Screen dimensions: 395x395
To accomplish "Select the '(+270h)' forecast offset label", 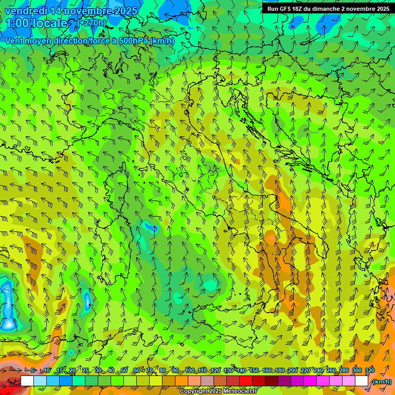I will click(92, 23).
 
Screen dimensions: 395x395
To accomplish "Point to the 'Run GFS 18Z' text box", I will click(328, 9).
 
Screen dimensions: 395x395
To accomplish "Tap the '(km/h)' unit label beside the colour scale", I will click(382, 382).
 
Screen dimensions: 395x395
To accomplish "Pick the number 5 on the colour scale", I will click(33, 371).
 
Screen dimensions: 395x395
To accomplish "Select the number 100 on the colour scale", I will click(190, 371).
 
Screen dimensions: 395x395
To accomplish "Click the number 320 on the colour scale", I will click(370, 371).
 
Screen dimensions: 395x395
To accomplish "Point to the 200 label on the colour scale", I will click(293, 371).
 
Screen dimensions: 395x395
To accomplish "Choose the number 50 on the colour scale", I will click(124, 371).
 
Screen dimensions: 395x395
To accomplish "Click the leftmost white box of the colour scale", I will click(27, 381).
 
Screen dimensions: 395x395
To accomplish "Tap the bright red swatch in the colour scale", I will click(246, 381).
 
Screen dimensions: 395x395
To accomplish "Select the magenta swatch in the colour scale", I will click(310, 381).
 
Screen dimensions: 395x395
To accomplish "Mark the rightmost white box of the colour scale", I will click(362, 381).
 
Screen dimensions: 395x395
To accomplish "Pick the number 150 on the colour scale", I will click(254, 371).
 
